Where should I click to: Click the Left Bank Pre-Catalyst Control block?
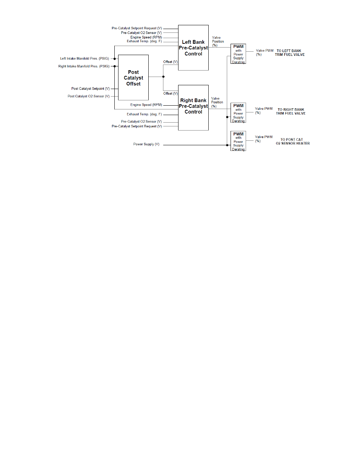[193, 48]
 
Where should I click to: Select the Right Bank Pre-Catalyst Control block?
[193, 106]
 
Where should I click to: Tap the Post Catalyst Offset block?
[133, 78]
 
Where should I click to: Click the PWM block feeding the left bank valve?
[238, 54]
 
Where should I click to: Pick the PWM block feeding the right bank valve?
[238, 113]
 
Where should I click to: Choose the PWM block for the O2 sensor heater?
[238, 141]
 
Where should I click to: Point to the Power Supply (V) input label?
[146, 144]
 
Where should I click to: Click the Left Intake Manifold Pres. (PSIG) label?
[85, 58]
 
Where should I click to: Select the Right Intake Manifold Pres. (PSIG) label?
[84, 66]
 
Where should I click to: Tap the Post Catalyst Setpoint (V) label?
[91, 89]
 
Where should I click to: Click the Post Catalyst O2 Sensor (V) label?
[89, 96]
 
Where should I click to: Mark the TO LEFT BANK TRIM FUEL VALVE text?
[289, 53]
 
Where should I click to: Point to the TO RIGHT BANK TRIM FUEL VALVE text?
[291, 111]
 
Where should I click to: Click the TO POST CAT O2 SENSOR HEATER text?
[292, 141]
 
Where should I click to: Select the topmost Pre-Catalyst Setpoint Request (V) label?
[137, 28]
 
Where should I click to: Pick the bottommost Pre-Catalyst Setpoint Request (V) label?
[137, 126]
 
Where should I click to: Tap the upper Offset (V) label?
[170, 62]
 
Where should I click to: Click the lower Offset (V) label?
[170, 93]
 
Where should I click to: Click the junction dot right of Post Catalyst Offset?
[163, 77]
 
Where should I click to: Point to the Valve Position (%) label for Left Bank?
[218, 42]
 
